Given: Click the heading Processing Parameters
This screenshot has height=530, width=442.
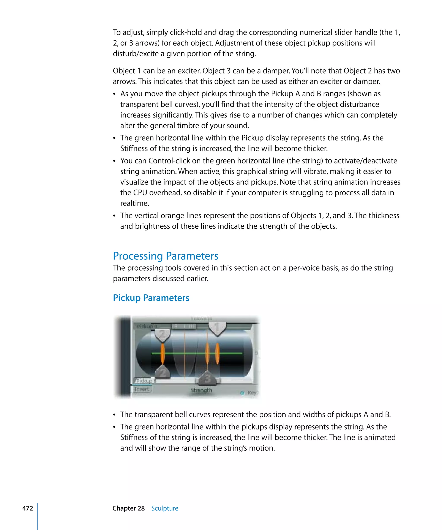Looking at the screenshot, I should (x=166, y=256).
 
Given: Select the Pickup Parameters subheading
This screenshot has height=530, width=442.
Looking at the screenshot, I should (x=151, y=298).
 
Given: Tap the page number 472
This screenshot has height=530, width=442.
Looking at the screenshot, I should (x=28, y=508).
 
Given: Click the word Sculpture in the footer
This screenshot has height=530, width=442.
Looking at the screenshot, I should (x=165, y=508).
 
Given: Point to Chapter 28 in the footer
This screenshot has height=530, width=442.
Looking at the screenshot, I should (x=128, y=508).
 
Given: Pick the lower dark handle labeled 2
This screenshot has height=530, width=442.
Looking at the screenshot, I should (x=163, y=372).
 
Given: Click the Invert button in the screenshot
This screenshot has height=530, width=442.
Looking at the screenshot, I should (x=142, y=389).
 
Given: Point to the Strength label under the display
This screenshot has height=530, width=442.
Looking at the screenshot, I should (x=201, y=390).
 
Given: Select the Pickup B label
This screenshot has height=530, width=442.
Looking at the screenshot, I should (x=146, y=381).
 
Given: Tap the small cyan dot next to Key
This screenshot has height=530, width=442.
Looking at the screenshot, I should (x=242, y=393).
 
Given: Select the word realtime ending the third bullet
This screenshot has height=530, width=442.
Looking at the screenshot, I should (x=134, y=203).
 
